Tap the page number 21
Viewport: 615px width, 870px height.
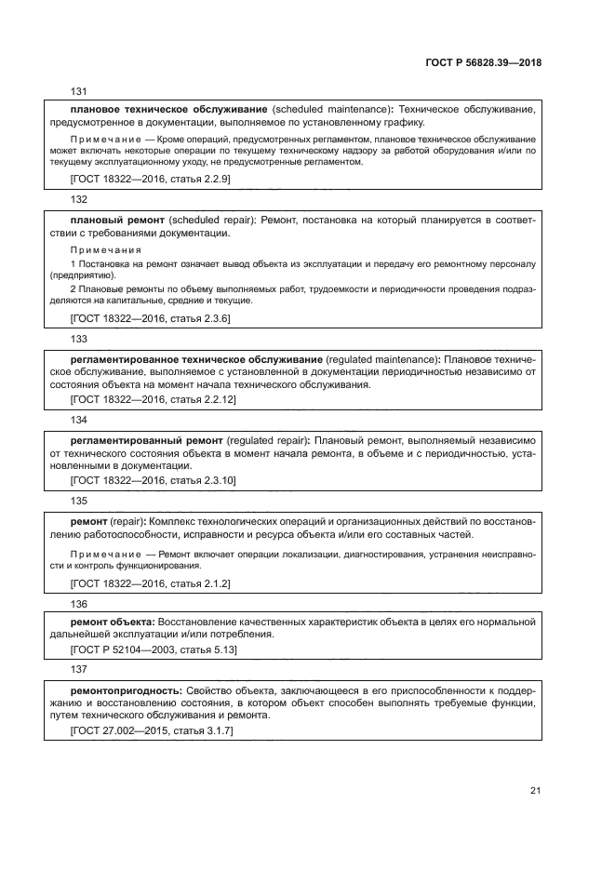[x=535, y=792]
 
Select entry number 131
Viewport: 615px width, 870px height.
[x=79, y=90]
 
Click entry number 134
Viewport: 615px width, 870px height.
[x=79, y=420]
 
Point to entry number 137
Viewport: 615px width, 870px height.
[x=79, y=669]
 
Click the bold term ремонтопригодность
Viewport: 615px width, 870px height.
[x=127, y=691]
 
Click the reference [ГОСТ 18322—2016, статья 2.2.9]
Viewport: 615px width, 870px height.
[x=151, y=178]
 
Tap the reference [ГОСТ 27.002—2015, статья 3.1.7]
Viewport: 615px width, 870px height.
[x=152, y=732]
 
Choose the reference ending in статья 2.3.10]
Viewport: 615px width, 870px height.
[x=154, y=481]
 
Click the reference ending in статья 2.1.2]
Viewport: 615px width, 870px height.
[x=151, y=583]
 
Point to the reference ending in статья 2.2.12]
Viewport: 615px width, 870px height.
[x=154, y=399]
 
